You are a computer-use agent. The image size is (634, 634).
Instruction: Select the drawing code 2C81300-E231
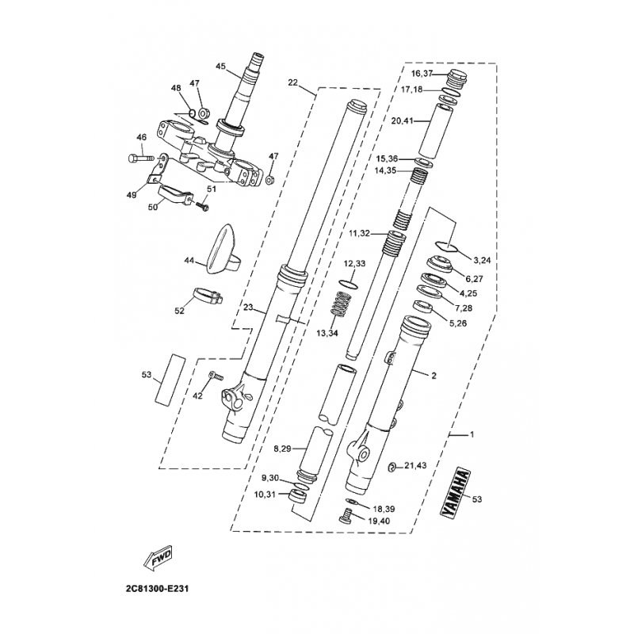[x=155, y=590]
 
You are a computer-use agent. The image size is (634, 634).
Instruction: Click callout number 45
[x=220, y=66]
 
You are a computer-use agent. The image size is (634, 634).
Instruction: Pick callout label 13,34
[x=327, y=334]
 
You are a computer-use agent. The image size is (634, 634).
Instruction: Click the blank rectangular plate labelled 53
[x=171, y=379]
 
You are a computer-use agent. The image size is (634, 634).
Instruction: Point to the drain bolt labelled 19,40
[x=346, y=519]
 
